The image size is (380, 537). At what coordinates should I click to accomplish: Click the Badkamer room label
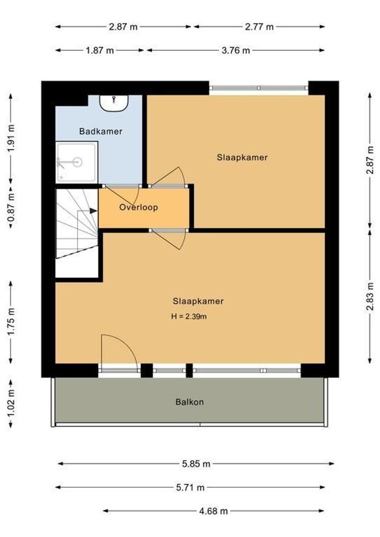100,132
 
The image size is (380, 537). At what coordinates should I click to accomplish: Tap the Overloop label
138,207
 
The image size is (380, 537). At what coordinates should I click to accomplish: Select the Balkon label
189,402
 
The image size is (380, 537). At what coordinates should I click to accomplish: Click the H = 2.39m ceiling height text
189,316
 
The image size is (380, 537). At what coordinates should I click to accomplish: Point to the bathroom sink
114,102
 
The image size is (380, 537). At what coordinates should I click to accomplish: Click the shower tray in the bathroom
77,162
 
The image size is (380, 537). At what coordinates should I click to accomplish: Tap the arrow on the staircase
93,210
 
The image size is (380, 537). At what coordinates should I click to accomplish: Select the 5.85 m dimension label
196,464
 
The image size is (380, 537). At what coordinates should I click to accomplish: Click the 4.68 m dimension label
213,511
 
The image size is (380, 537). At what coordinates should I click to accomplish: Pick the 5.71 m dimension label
190,488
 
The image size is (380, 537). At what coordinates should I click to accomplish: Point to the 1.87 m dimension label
99,50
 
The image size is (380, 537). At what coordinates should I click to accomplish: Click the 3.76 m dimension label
236,50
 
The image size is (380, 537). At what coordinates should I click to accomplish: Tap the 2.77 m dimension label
259,27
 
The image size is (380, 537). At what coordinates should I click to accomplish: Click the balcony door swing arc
119,351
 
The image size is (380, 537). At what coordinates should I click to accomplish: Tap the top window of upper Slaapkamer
259,88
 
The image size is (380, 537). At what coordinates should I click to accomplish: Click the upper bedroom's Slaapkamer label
242,158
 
